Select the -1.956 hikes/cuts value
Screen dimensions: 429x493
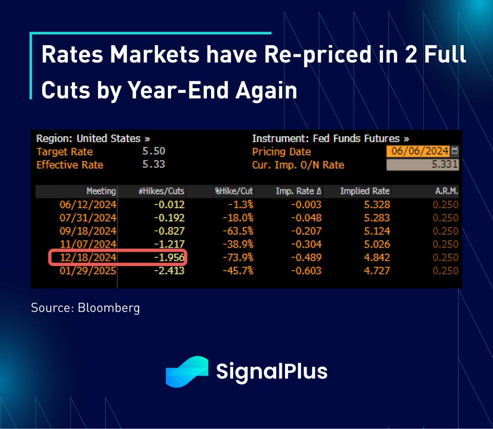click(167, 257)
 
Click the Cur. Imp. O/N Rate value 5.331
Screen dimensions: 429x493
click(422, 165)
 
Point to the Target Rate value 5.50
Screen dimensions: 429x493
click(154, 151)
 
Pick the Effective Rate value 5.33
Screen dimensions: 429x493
click(154, 165)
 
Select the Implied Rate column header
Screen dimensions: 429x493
click(365, 191)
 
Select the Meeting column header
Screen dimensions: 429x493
click(101, 191)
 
